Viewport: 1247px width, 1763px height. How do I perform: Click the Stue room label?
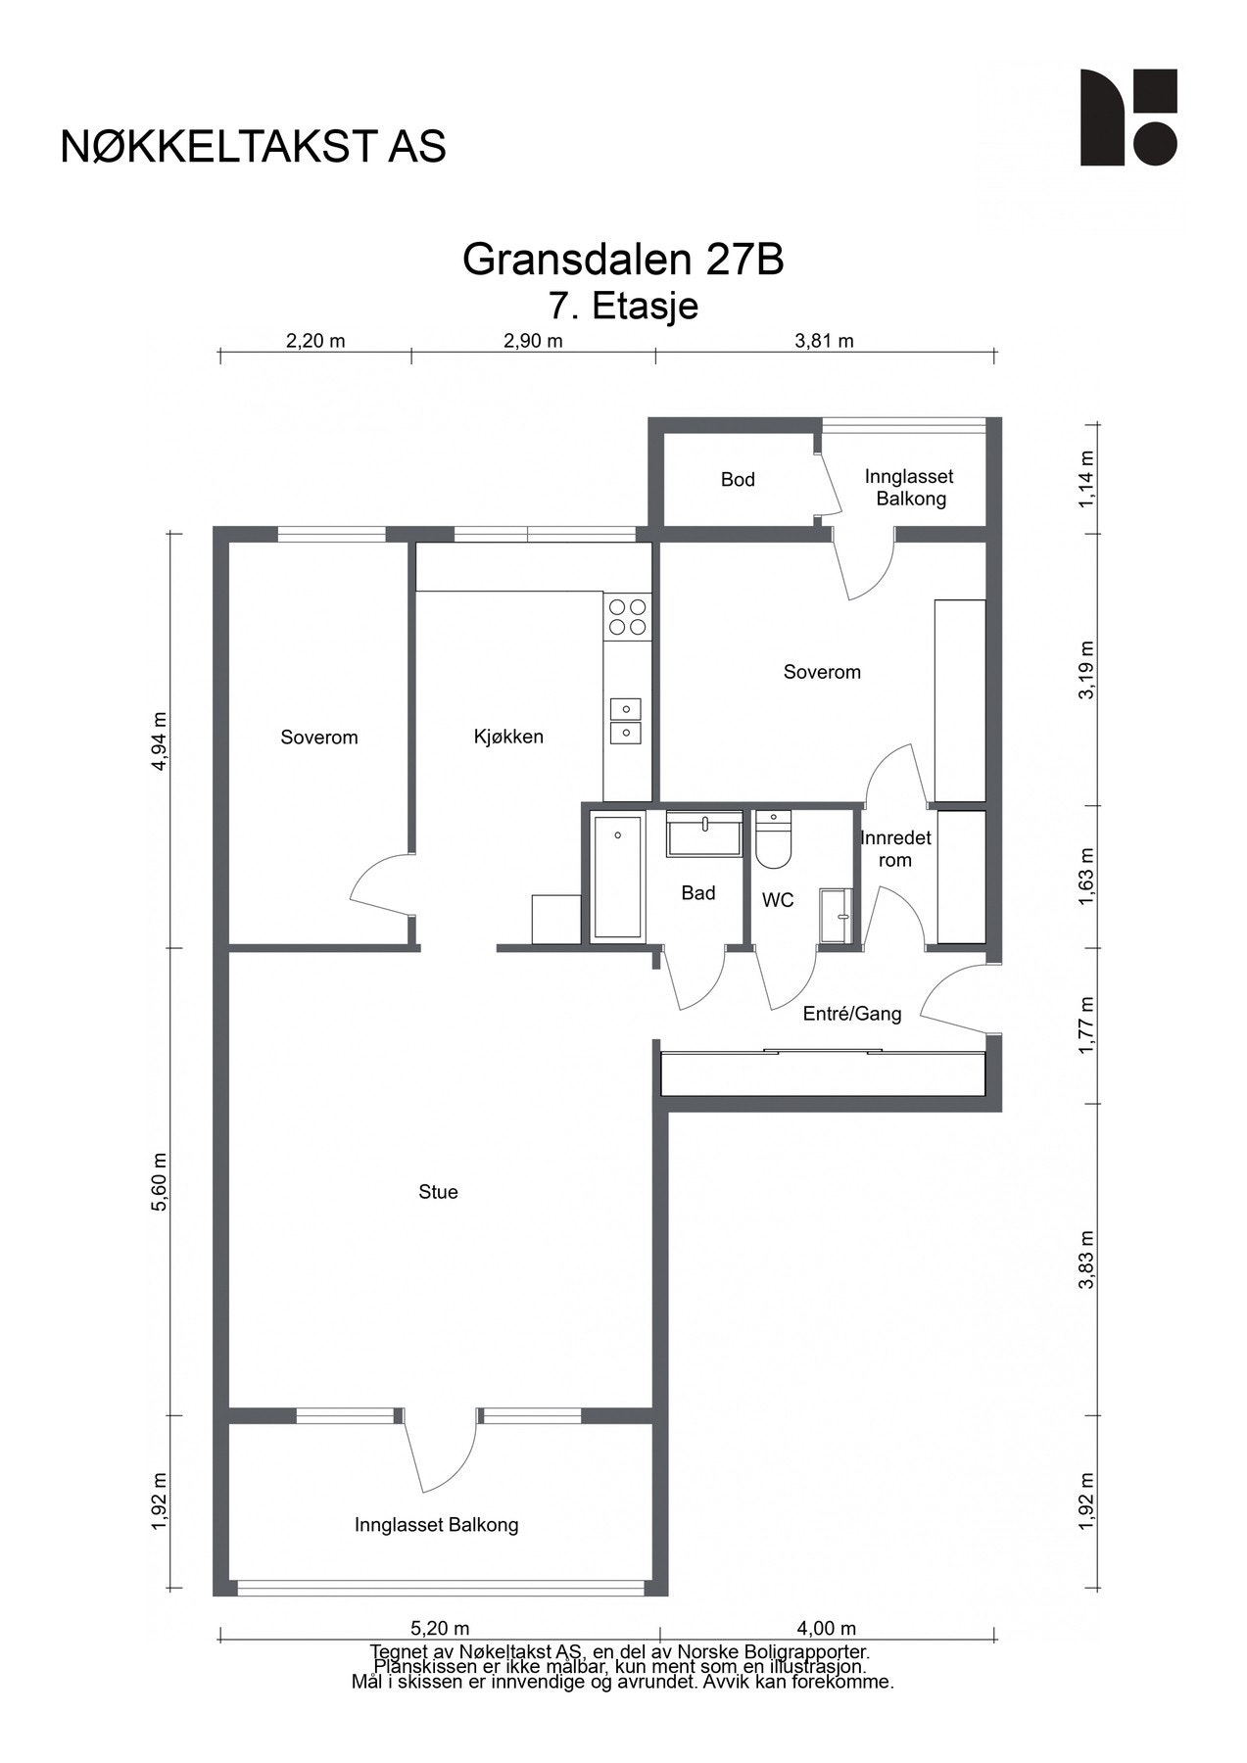tap(438, 1192)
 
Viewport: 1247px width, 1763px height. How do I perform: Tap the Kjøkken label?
tap(508, 737)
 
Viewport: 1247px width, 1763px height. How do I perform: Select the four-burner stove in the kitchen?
tap(627, 616)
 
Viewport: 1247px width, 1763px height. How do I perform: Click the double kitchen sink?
tap(625, 720)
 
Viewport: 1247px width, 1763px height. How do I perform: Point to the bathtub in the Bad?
tap(617, 877)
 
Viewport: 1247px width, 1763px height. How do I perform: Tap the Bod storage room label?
tap(738, 479)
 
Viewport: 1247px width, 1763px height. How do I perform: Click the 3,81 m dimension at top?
tap(824, 341)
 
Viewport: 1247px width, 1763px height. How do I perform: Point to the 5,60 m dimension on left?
tap(160, 1181)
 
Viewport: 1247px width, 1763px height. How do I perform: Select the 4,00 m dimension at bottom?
tap(826, 1629)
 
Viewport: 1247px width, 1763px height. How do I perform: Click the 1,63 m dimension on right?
tap(1086, 877)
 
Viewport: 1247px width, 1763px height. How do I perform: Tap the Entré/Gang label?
tap(851, 1014)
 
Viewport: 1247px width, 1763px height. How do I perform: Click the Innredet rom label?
tap(895, 849)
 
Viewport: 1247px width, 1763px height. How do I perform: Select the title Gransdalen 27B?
tap(623, 260)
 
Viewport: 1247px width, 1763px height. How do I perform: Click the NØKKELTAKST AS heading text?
tap(253, 146)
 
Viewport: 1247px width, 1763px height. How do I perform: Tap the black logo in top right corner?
tap(1127, 118)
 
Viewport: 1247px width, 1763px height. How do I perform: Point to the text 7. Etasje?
tap(623, 306)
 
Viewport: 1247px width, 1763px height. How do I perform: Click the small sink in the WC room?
tap(834, 916)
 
